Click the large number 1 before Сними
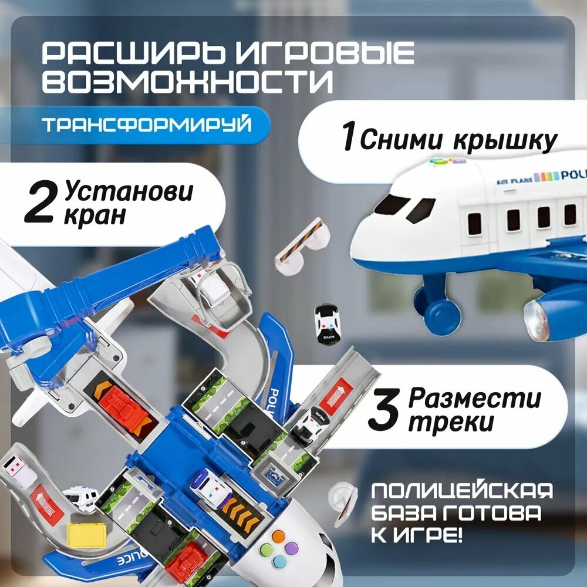point(349,135)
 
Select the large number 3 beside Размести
point(384,410)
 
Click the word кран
point(95,216)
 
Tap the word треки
point(451,423)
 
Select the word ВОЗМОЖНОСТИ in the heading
point(187,80)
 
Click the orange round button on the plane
point(278,536)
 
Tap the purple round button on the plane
point(291,548)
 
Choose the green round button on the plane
point(266,549)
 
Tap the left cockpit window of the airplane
point(392,204)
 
